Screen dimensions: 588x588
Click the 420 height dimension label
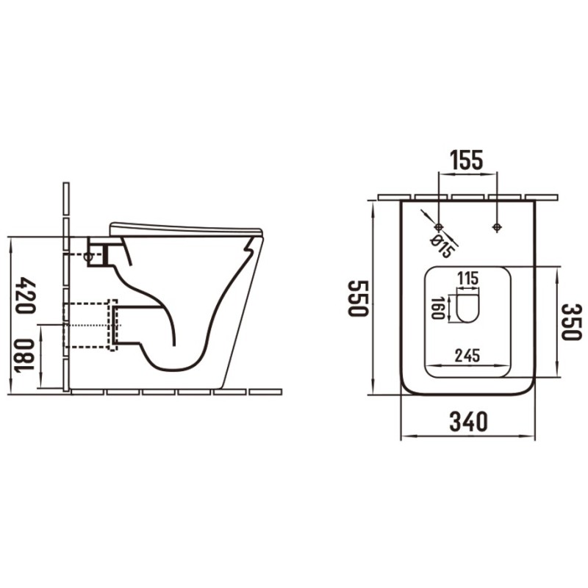pos(26,295)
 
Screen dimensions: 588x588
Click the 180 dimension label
pos(26,357)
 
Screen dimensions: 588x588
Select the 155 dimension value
pos(467,159)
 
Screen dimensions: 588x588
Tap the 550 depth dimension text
pos(358,298)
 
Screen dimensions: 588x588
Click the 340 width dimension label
pos(468,422)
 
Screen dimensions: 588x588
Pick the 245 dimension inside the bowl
pos(467,356)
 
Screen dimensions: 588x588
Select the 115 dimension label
pos(467,279)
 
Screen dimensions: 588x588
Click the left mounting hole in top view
pos(439,226)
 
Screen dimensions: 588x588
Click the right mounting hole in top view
pos(497,226)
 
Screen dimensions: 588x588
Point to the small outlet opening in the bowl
pos(467,306)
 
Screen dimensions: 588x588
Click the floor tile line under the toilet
pos(176,391)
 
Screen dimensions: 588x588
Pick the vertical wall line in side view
pos(66,287)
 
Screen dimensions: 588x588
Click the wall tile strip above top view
pos(467,197)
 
